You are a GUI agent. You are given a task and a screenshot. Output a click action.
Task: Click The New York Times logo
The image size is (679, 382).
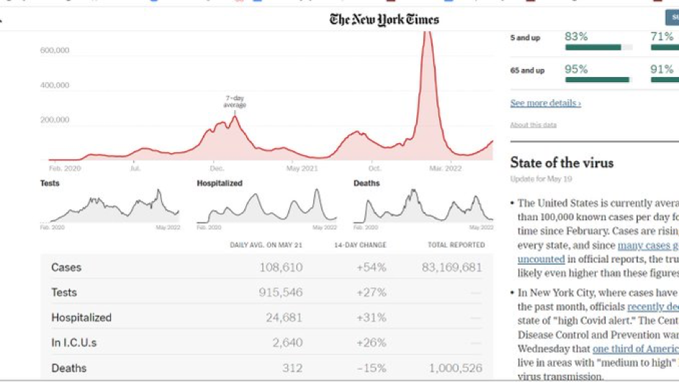384,19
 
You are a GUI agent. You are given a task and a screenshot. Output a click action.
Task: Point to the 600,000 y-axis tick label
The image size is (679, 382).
55,50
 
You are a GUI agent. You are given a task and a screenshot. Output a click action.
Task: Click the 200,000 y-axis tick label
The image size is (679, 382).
55,120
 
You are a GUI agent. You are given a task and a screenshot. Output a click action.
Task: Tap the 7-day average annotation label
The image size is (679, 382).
235,101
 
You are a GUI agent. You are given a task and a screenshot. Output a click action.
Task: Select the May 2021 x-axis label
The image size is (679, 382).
302,168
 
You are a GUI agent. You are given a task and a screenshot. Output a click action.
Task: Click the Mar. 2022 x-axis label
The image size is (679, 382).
446,168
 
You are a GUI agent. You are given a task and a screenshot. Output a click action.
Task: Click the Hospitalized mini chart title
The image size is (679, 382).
220,183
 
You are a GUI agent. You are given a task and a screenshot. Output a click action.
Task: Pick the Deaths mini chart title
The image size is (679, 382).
367,183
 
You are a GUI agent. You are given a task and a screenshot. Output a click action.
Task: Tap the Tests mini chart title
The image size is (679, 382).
50,183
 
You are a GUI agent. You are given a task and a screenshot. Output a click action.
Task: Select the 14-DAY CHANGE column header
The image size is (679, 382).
360,245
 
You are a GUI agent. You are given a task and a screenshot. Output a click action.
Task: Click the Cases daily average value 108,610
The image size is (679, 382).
281,268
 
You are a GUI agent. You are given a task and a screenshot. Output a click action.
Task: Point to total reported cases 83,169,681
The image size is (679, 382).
451,268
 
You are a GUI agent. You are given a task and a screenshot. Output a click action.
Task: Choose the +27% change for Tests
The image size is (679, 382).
372,293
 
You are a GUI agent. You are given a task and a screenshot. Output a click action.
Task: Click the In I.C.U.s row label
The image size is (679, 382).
73,342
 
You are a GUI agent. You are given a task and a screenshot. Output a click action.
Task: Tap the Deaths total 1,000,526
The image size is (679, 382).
455,368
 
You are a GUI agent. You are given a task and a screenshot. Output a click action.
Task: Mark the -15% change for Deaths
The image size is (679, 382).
372,368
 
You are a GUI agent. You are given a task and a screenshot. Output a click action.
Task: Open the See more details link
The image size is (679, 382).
545,103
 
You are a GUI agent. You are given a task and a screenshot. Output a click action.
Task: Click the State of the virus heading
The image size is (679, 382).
562,163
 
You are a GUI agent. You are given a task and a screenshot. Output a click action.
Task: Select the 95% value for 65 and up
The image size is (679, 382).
576,70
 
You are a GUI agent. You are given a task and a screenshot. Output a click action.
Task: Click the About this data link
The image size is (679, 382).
533,125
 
